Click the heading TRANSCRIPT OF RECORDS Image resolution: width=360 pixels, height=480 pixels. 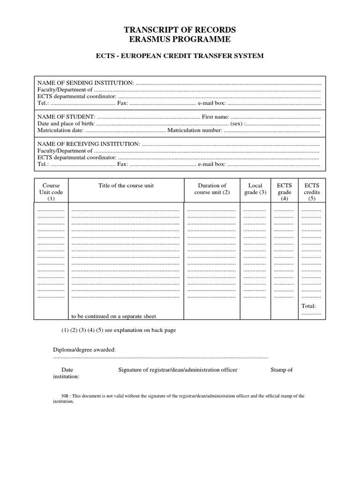click(180, 30)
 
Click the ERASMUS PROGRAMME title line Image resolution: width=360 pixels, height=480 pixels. click(180, 39)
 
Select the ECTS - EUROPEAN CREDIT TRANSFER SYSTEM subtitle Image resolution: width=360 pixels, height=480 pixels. click(180, 56)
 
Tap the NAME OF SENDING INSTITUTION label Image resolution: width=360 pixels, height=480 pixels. click(86, 83)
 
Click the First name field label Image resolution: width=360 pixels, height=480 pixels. click(215, 116)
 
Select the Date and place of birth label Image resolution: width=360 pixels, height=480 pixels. click(66, 123)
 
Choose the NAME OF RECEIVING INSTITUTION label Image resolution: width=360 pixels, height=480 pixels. click(89, 144)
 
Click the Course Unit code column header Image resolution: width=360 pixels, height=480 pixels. click(51, 192)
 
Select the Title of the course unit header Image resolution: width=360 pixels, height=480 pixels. click(126, 186)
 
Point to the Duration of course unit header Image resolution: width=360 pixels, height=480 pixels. click(212, 189)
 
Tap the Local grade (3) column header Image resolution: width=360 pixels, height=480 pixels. click(255, 189)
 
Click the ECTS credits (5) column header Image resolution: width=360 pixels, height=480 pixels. click(312, 192)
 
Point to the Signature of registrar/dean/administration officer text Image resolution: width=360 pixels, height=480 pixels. click(178, 370)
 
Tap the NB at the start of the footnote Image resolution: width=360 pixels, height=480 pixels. click(65, 396)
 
